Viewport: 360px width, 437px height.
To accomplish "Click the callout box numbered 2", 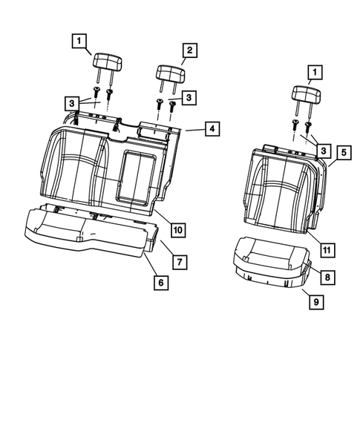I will tap(189, 50).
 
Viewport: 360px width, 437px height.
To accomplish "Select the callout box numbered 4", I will tap(212, 129).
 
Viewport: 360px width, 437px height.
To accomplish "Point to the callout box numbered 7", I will tap(179, 262).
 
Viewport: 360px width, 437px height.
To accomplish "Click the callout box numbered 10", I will tap(178, 230).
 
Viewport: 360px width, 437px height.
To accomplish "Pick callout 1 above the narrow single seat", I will tap(316, 72).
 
